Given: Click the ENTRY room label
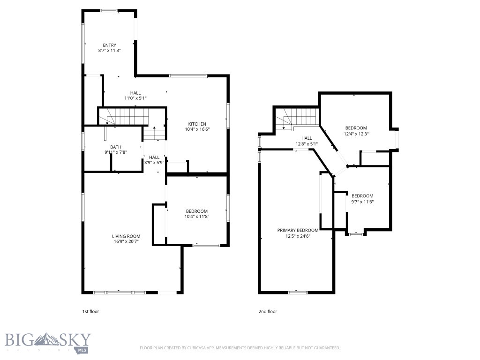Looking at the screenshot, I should (109, 45).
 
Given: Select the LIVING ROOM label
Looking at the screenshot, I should (126, 236).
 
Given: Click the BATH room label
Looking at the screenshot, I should (116, 147).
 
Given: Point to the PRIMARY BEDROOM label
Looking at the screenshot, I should (298, 230).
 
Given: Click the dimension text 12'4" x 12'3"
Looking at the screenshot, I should (356, 134).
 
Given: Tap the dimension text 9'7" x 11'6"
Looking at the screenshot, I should (362, 202).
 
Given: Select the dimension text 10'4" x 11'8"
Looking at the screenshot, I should (196, 217).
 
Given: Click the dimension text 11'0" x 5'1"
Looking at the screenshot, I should (135, 98).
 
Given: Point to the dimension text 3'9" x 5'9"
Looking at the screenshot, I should (154, 163).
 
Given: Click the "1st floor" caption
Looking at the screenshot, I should (90, 311).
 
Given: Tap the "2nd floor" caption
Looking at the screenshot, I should (268, 311).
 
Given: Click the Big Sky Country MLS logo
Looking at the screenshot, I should (47, 342).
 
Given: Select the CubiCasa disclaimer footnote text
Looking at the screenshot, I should (240, 348).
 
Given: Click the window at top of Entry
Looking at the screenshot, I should (109, 10).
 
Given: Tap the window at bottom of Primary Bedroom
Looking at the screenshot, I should (298, 292).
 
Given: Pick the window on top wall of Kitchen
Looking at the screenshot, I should (188, 75).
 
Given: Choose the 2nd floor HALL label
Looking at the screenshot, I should (307, 138).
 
